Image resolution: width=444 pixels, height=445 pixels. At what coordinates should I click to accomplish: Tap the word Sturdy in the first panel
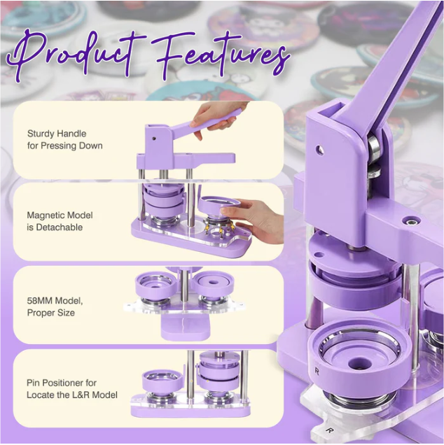(x=41, y=134)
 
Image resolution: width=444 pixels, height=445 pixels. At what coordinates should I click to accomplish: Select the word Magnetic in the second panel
(x=47, y=215)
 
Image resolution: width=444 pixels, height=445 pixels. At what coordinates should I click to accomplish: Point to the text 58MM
(x=39, y=300)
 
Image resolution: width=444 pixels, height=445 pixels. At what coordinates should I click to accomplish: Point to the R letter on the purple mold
(x=317, y=371)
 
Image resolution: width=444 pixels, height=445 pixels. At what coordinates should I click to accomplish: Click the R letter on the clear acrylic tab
(x=329, y=430)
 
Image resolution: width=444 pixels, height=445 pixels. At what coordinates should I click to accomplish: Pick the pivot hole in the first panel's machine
(x=153, y=139)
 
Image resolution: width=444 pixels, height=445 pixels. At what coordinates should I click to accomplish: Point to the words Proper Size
(x=51, y=313)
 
